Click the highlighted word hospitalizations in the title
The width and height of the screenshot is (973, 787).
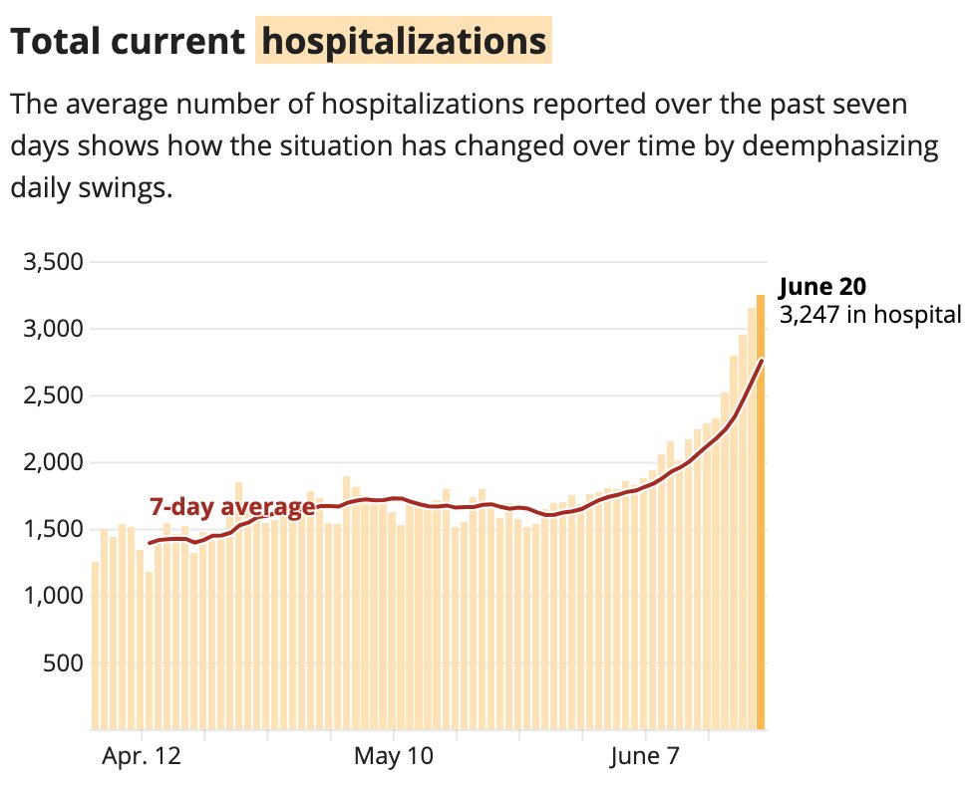click(x=404, y=41)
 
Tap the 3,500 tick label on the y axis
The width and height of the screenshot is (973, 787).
click(x=52, y=262)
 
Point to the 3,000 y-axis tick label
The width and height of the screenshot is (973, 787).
click(x=52, y=329)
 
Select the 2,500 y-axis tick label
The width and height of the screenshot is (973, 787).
click(x=52, y=395)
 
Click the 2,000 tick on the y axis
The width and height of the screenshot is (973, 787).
click(x=52, y=462)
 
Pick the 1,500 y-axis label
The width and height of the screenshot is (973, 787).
click(x=52, y=529)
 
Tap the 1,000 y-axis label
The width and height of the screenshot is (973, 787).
click(x=52, y=596)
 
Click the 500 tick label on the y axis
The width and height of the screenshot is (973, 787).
click(x=62, y=662)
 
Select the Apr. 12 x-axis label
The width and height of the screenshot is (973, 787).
click(x=142, y=757)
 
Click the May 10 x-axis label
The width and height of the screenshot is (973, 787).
click(x=394, y=757)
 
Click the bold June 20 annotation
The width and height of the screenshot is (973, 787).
click(x=822, y=287)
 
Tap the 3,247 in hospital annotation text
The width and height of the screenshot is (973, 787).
click(x=869, y=315)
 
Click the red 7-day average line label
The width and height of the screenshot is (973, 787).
click(x=231, y=507)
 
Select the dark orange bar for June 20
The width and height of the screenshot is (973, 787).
click(x=761, y=518)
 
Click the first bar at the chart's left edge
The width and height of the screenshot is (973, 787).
click(x=96, y=648)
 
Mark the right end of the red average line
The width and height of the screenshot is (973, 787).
click(x=762, y=361)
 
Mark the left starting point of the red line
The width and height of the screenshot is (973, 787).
click(x=150, y=543)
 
